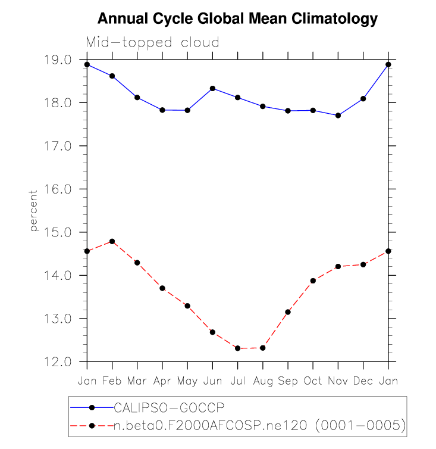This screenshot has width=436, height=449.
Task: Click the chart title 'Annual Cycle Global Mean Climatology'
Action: pos(237,19)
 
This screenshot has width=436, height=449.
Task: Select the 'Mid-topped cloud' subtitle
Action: pos(153,43)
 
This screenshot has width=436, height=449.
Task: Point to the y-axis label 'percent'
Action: pos(34,211)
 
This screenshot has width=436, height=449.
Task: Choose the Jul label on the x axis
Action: pos(237,381)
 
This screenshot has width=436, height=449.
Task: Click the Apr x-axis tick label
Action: pos(162,381)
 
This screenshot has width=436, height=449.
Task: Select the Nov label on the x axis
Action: pos(338,381)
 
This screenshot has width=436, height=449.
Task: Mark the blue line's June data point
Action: pos(212,88)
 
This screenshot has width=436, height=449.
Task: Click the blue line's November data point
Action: pos(338,116)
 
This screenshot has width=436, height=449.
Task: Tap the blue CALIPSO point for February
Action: pos(112,76)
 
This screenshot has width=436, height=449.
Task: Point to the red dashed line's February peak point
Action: pos(112,241)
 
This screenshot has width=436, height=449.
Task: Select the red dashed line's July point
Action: pos(237,348)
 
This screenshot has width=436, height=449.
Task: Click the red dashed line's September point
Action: pos(288,312)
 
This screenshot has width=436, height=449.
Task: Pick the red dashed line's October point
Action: pos(313,280)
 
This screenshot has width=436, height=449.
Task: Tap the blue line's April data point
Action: pos(162,110)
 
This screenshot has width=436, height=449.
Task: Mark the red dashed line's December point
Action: pos(363,264)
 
